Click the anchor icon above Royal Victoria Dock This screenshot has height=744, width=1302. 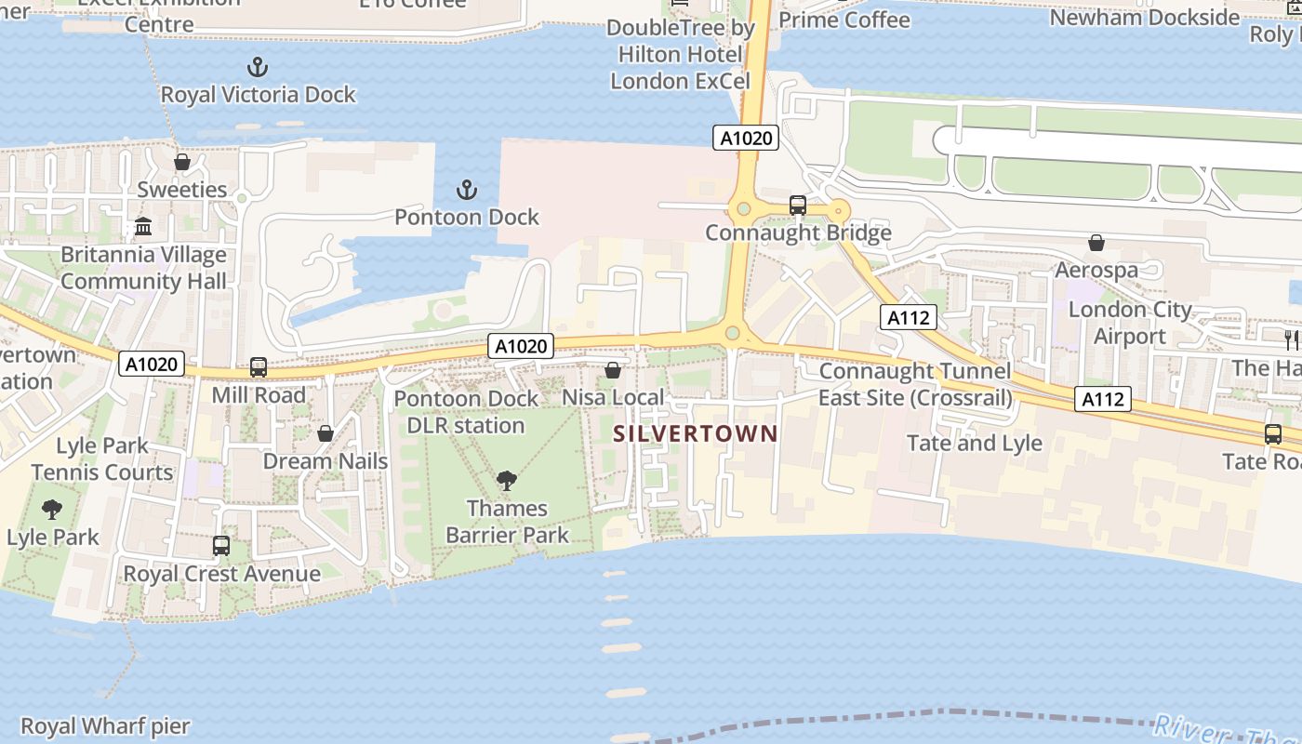[258, 67]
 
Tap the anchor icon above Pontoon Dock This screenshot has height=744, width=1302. [466, 191]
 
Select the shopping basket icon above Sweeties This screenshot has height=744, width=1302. [182, 162]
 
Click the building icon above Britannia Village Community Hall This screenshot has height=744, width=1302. [143, 227]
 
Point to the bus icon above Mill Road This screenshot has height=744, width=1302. [259, 367]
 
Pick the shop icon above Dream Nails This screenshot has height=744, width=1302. [325, 433]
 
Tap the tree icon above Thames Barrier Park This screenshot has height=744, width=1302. [507, 481]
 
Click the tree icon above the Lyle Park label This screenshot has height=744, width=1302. [52, 510]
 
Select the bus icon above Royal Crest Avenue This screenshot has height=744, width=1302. [221, 546]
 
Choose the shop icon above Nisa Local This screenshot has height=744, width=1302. [613, 370]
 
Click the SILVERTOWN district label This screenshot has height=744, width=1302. [695, 433]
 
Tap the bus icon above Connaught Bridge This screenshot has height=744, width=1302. [798, 206]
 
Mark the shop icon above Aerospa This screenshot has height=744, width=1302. [1096, 243]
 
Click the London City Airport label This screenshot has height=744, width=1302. [1130, 323]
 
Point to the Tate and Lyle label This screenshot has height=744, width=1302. [974, 443]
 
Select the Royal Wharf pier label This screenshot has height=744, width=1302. [105, 726]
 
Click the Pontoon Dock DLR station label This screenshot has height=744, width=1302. [466, 412]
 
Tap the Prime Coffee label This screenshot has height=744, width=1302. [844, 20]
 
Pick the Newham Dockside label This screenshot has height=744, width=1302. [1144, 18]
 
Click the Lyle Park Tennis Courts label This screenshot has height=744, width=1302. [102, 458]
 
